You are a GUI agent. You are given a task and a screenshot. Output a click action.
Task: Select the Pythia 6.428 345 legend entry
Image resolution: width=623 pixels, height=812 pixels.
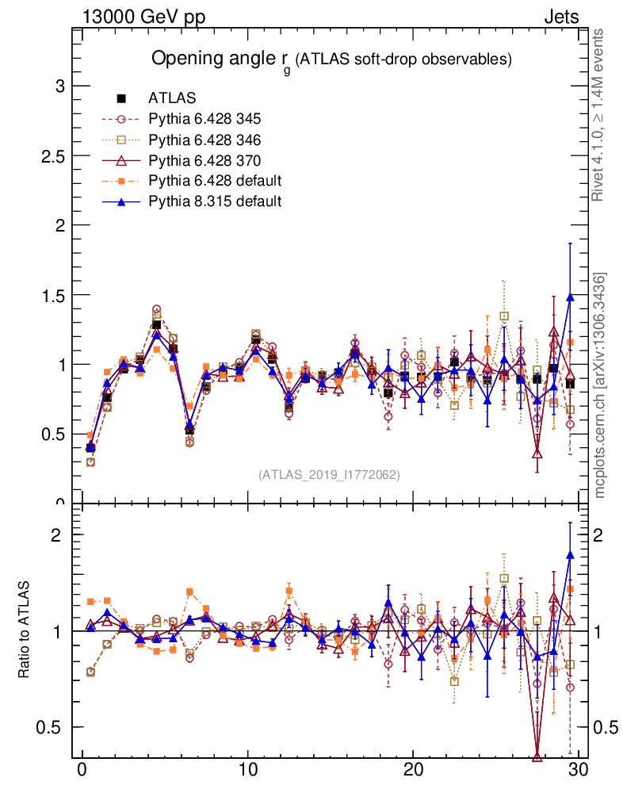pos(204,119)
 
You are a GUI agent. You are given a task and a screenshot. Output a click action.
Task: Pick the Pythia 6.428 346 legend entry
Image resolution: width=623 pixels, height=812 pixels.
pos(204,140)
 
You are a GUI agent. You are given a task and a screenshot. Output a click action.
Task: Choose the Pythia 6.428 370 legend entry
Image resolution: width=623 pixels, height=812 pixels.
pos(204,160)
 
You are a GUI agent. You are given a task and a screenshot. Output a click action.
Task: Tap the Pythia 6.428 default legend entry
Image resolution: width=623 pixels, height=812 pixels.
pos(215,181)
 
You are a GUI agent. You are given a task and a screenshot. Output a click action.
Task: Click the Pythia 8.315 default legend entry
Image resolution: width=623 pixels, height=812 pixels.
pos(215,201)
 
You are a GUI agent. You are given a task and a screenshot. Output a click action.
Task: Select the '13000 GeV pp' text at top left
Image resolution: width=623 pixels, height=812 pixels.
pos(143,17)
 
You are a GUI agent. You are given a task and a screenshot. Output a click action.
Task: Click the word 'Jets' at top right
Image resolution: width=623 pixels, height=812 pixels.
pos(560,17)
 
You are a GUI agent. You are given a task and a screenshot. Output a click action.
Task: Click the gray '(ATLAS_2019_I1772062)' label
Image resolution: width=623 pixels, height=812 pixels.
pos(329,474)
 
